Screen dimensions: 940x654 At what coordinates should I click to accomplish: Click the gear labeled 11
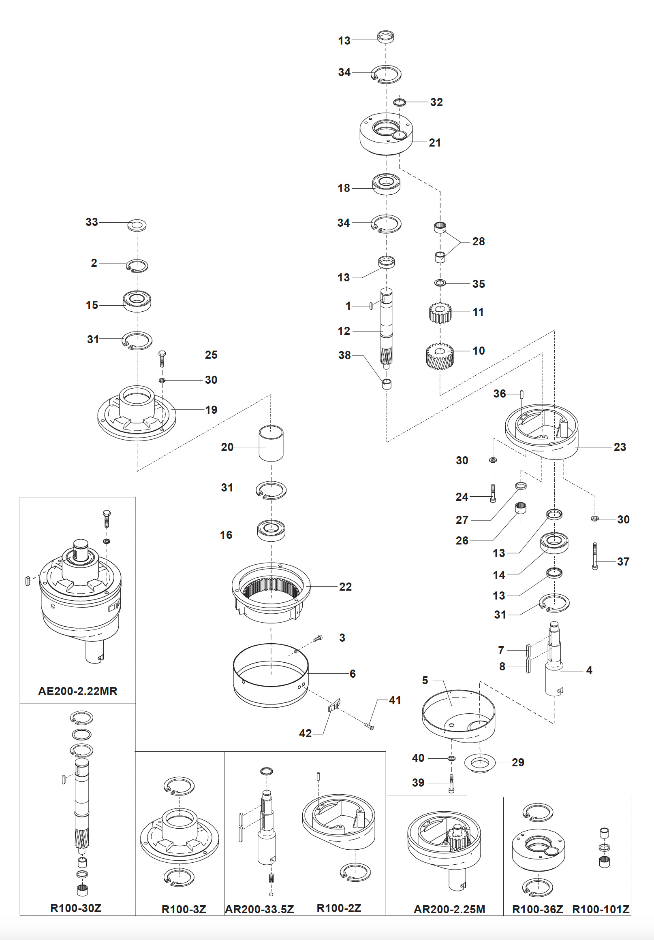(x=440, y=313)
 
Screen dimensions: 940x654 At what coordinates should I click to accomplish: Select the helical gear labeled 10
(x=440, y=356)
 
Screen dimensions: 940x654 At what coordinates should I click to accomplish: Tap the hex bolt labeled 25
(x=162, y=358)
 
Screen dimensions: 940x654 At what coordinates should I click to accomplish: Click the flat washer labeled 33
(x=137, y=225)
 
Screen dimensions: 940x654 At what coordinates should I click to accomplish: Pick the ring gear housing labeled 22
(x=271, y=591)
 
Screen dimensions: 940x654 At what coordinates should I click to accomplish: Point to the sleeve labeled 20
(x=271, y=443)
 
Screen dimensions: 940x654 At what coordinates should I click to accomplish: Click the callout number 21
(x=435, y=143)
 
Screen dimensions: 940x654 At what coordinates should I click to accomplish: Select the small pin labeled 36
(x=522, y=394)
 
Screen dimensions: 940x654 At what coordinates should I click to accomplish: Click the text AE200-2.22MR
(x=78, y=691)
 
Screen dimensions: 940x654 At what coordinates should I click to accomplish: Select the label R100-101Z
(x=601, y=910)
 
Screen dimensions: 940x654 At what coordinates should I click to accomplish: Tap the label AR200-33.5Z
(x=260, y=910)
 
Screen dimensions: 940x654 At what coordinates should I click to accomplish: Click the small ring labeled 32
(x=400, y=102)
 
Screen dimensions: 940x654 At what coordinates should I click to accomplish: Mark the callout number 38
(x=344, y=355)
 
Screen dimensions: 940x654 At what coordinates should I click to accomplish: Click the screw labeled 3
(x=318, y=638)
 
